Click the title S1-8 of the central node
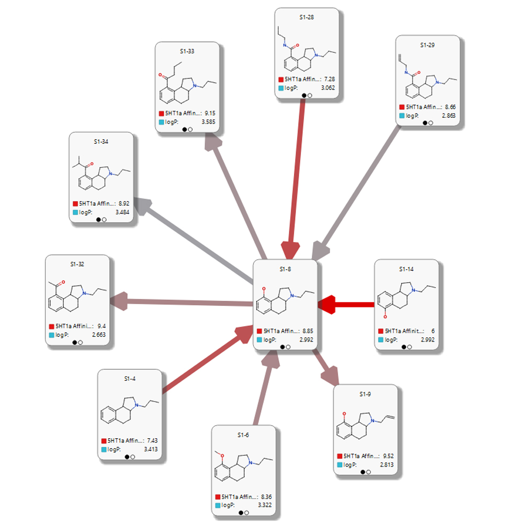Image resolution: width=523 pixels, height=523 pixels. (285, 269)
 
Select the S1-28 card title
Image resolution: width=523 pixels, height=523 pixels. (306, 17)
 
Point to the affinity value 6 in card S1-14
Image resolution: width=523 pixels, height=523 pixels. (433, 331)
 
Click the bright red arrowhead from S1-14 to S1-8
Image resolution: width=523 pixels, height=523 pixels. (327, 304)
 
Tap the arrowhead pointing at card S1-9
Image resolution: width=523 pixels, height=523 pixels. (330, 375)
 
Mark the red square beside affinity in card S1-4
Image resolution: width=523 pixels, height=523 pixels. (103, 440)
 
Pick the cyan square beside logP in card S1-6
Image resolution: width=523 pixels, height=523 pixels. (217, 505)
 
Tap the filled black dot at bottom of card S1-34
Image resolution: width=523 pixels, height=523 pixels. (98, 220)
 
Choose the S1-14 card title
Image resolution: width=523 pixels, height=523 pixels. (406, 269)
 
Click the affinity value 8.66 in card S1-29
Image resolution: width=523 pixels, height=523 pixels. (448, 107)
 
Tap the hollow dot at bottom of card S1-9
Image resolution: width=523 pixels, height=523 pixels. (369, 472)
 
